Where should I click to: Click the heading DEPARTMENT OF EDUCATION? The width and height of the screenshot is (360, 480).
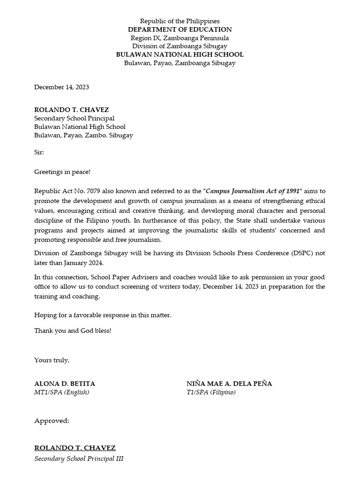[180, 30]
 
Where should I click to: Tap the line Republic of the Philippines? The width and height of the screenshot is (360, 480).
[180, 21]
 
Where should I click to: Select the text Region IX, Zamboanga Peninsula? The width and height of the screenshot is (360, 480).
[180, 38]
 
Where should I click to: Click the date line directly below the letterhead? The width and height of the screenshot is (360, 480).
[61, 87]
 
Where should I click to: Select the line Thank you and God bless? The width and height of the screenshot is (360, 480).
[73, 330]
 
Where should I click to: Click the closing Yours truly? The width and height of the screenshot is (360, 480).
[52, 360]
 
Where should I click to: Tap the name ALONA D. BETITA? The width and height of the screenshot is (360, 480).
[65, 383]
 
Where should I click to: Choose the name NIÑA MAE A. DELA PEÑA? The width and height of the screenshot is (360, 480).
[229, 383]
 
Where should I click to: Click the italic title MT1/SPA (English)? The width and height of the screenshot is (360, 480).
[61, 392]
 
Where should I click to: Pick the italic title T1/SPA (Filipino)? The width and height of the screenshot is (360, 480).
[211, 392]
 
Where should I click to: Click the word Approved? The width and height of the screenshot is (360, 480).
[52, 421]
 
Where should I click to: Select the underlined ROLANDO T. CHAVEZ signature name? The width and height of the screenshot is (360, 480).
[75, 448]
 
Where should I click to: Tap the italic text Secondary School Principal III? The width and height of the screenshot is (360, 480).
[79, 459]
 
